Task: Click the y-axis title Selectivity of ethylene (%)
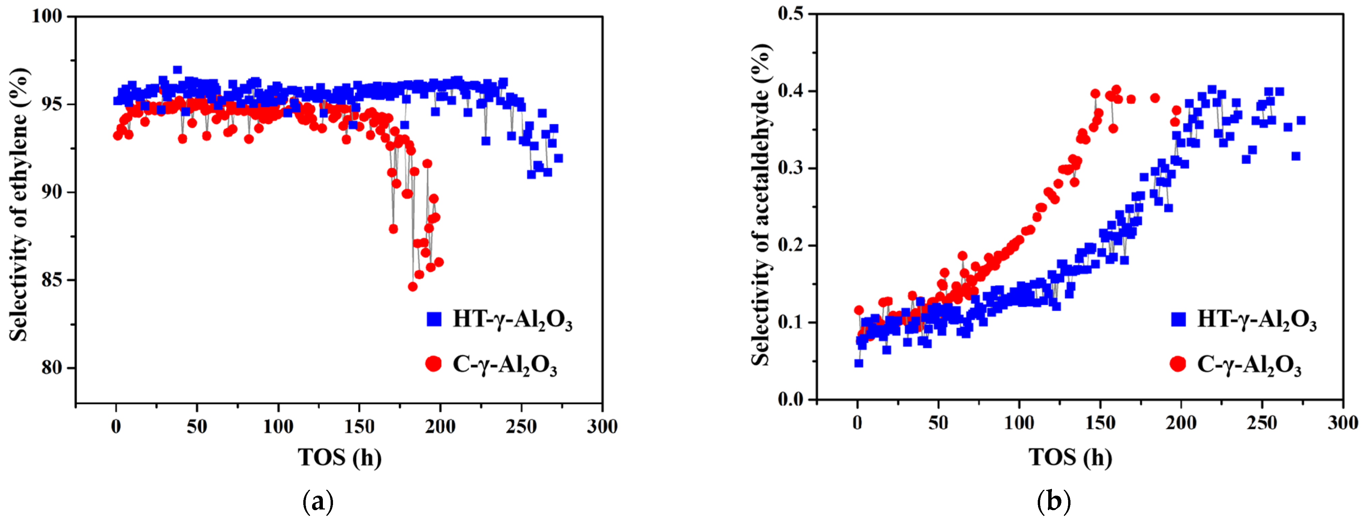point(19,204)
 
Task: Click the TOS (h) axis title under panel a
point(339,457)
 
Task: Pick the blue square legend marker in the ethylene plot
point(434,319)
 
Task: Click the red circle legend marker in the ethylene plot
point(434,364)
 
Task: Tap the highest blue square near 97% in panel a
point(177,70)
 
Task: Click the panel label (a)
point(318,501)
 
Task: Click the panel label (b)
point(1054,501)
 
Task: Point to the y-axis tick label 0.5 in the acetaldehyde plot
point(790,14)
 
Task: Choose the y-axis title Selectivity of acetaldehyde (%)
point(761,204)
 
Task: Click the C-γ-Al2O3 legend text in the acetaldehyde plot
point(1249,364)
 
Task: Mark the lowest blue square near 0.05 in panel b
point(859,363)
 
